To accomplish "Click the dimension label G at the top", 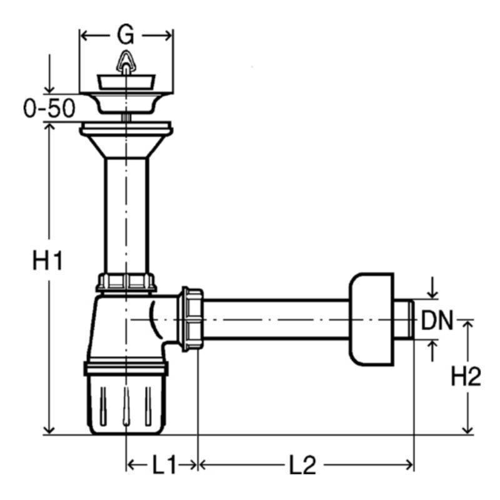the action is click(126, 34).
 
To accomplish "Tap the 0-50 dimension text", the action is click(49, 107).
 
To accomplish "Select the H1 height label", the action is click(47, 261).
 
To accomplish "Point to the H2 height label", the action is click(466, 376).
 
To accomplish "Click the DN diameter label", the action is click(437, 320).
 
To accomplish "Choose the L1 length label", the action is click(164, 464).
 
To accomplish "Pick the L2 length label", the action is click(302, 464).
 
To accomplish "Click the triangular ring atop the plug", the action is click(126, 61).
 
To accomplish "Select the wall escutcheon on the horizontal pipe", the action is click(372, 319).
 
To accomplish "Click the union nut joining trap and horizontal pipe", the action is click(191, 319).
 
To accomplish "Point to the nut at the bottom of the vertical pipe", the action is click(126, 282).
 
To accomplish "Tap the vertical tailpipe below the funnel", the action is click(126, 216).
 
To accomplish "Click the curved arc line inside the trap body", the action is click(155, 319).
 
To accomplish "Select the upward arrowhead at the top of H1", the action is click(49, 127).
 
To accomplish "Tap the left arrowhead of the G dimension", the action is click(85, 35).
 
